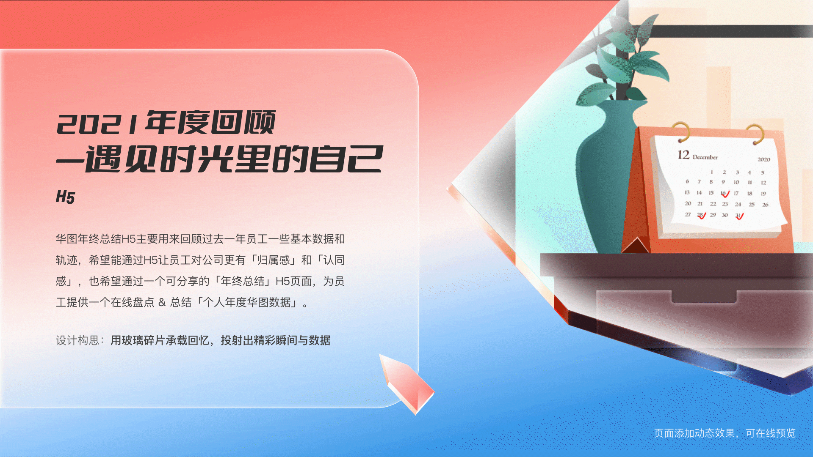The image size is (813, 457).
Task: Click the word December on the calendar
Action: [705, 157]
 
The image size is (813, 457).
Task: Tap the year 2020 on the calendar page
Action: [763, 159]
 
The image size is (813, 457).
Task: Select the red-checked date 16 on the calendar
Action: [724, 193]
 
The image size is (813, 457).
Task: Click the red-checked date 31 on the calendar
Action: [738, 216]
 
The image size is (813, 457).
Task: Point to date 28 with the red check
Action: [701, 215]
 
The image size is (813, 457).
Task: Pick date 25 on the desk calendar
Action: [752, 204]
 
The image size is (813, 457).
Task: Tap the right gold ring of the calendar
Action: [755, 133]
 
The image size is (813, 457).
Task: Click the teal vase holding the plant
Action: [606, 178]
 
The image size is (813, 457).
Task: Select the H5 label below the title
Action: [65, 197]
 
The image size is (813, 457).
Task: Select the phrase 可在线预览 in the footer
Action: [771, 433]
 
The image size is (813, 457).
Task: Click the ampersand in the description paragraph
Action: [162, 302]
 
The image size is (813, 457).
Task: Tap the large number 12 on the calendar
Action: [683, 155]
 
